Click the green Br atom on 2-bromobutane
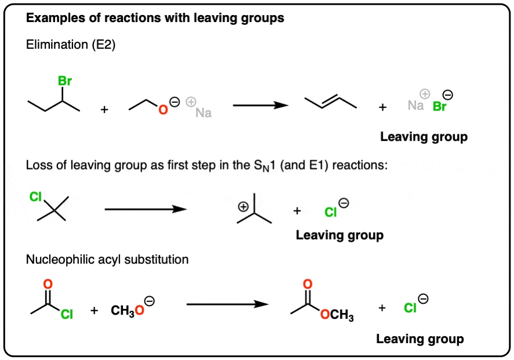click(64, 82)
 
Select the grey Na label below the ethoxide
click(203, 113)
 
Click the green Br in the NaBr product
click(439, 108)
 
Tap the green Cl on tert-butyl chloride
click(36, 197)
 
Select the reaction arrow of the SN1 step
click(146, 209)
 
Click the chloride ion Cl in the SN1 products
click(331, 213)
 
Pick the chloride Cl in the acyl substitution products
click(410, 308)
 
